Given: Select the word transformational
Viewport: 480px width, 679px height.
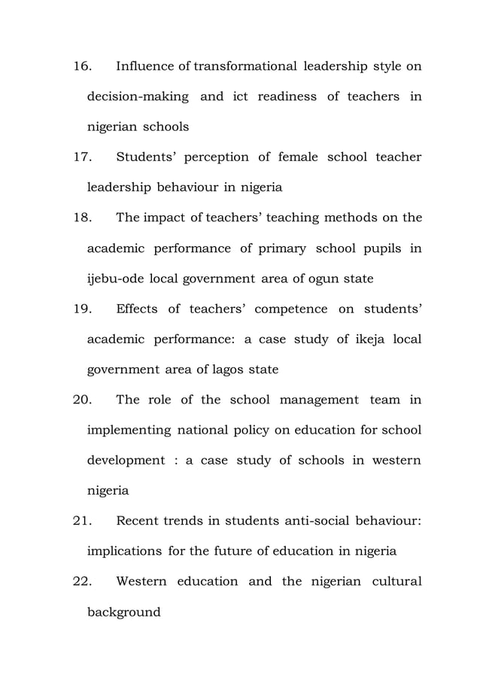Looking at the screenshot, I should pyautogui.click(x=245, y=67).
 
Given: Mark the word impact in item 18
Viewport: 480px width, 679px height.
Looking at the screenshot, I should pyautogui.click(x=165, y=218).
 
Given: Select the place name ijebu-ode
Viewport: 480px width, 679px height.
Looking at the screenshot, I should pyautogui.click(x=116, y=279).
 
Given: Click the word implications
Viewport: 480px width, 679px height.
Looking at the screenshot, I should pyautogui.click(x=126, y=551).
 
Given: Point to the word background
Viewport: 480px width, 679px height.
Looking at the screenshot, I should pyautogui.click(x=124, y=612).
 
